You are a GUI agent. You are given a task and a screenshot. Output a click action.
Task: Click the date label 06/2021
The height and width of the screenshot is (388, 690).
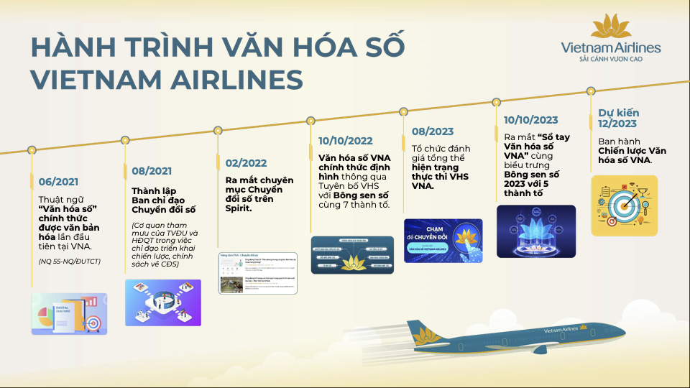click(x=58, y=182)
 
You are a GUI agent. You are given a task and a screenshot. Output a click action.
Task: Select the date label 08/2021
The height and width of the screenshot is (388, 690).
click(x=152, y=171)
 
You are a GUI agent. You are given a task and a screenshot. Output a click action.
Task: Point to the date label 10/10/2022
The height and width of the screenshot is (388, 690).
click(x=346, y=141)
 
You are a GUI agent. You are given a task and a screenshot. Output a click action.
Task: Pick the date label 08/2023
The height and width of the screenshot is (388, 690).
click(x=433, y=131)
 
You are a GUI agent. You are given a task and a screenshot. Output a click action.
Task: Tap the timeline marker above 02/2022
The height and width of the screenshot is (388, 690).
click(x=218, y=131)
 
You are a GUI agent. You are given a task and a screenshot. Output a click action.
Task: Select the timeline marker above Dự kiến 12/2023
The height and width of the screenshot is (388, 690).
click(x=591, y=91)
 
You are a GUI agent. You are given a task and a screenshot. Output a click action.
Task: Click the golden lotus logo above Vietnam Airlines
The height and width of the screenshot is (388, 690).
click(x=611, y=27)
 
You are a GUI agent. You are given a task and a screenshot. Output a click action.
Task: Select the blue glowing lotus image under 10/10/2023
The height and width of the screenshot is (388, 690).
click(x=536, y=231)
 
